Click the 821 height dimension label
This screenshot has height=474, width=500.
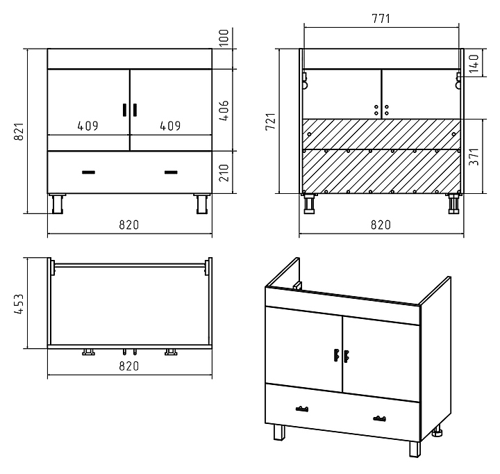19,131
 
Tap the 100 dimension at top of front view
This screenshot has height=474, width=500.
224,38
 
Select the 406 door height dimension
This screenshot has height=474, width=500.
224,111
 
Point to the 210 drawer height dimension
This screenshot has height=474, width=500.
224,172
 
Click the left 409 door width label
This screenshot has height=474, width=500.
88,126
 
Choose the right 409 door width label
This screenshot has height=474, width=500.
170,126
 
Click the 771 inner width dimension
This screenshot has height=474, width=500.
381,19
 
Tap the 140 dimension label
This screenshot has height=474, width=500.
474,63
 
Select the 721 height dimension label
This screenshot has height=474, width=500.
270,122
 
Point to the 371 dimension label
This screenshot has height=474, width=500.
474,156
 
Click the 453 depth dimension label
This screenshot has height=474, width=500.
19,304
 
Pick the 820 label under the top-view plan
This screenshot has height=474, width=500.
129,366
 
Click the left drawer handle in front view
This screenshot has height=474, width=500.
88,172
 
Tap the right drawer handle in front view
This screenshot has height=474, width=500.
171,172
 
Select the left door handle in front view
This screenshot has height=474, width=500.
125,110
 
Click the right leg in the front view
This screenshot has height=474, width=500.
202,204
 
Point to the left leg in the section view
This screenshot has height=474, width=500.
309,204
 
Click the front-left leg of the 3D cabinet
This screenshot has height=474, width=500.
279,432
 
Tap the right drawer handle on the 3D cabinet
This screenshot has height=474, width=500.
379,418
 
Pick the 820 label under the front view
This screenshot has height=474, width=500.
129,225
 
